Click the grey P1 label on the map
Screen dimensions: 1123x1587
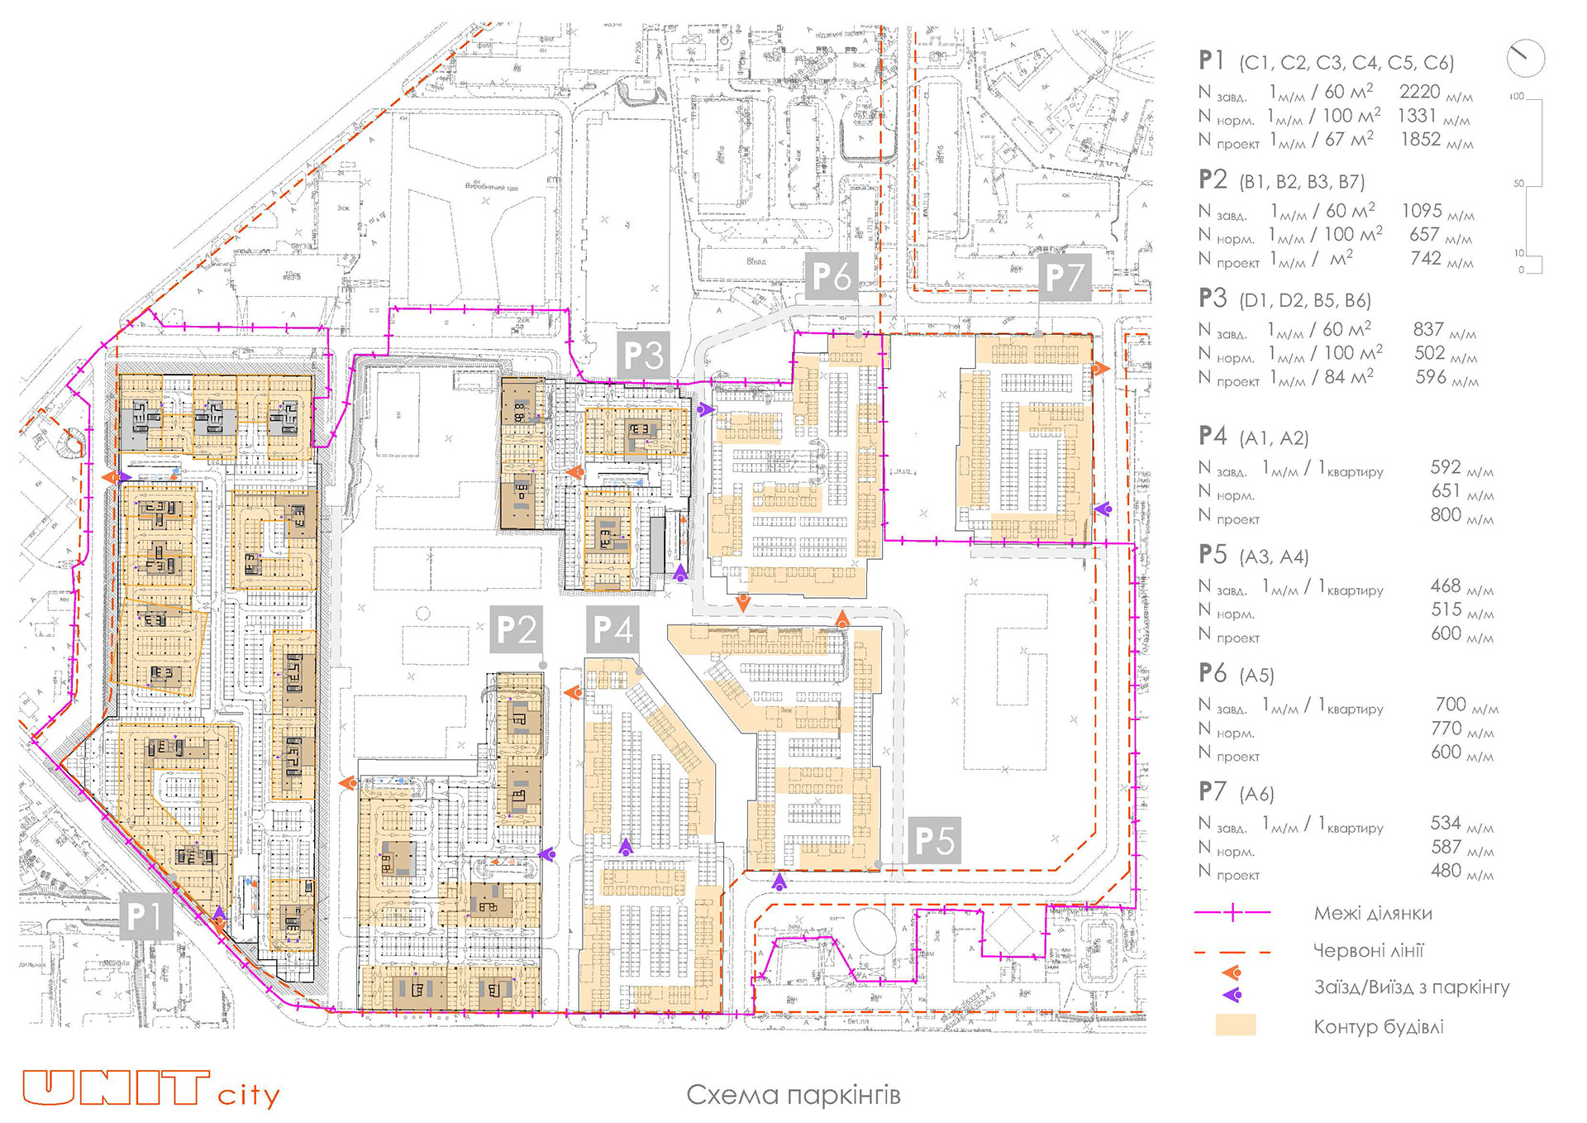point(145,915)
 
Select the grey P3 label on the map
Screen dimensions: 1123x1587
point(643,356)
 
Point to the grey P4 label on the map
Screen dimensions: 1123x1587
point(612,629)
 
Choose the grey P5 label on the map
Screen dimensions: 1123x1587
point(934,840)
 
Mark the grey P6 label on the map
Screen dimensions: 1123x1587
point(831,276)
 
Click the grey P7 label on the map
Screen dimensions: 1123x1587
point(1064,276)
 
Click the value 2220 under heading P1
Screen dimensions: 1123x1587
point(1419,92)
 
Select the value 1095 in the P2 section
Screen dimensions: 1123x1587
point(1421,211)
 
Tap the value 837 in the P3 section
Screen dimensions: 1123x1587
point(1427,329)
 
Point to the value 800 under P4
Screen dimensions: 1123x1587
point(1446,514)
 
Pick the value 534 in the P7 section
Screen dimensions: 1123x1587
point(1446,823)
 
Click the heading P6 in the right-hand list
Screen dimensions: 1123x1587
point(1213,673)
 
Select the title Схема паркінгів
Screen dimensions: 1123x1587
point(793,1095)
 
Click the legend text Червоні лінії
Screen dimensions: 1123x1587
point(1368,950)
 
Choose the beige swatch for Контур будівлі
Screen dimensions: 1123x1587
point(1235,1025)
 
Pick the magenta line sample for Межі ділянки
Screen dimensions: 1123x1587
point(1232,913)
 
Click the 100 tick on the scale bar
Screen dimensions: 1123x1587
point(1517,97)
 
